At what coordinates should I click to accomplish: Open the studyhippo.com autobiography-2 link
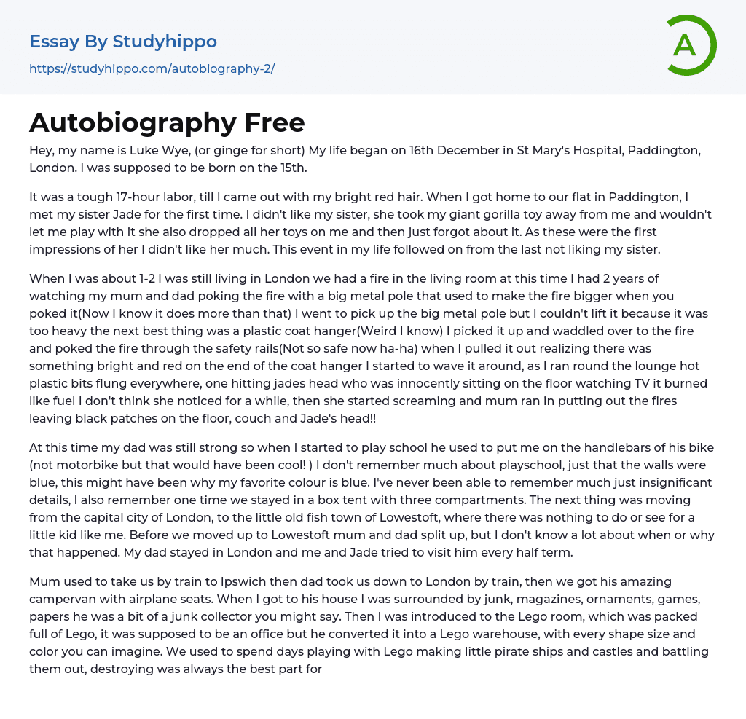pos(152,69)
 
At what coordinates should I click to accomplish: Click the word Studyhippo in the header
pos(165,42)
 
